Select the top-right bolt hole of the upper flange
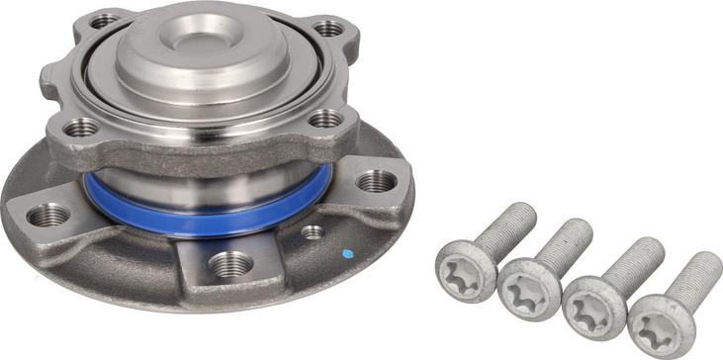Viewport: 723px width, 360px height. pos(328,28)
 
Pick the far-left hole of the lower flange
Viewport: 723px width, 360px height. pos(46,214)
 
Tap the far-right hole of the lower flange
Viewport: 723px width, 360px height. pos(376,181)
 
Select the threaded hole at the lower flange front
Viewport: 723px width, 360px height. pos(228,264)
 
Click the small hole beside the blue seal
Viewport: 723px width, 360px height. pos(313,232)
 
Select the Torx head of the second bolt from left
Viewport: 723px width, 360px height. pos(523,288)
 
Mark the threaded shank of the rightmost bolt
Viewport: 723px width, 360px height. pos(698,276)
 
